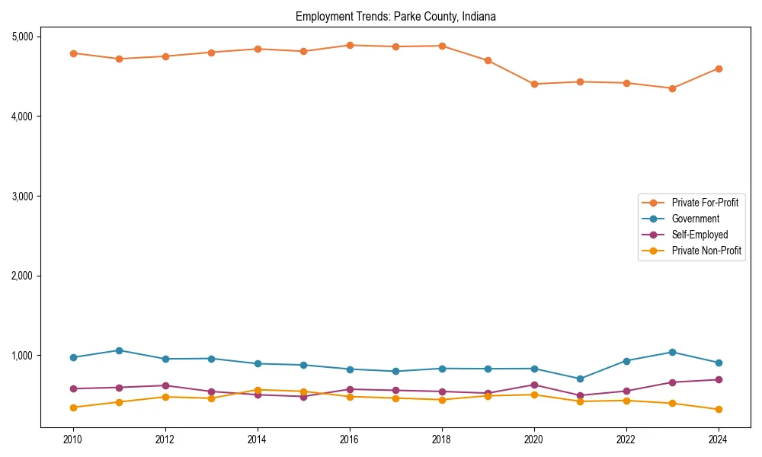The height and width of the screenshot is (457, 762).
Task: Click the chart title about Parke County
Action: pos(395,17)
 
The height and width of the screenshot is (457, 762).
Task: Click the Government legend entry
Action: pos(695,219)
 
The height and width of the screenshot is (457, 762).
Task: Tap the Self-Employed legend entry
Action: pos(700,235)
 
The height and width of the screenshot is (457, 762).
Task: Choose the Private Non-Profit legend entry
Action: pos(706,251)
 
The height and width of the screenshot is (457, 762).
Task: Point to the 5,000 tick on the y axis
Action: pos(21,37)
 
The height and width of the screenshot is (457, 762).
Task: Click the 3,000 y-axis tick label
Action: pos(21,196)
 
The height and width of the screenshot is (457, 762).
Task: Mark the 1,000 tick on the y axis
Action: pos(21,356)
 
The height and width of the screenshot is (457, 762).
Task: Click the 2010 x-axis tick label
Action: pos(73,439)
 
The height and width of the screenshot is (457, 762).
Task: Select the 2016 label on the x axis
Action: pos(350,439)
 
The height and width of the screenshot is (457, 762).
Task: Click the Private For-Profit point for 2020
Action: pos(534,84)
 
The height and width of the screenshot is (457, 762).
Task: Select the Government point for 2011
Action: pos(119,350)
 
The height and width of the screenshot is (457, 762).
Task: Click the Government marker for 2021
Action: pos(580,379)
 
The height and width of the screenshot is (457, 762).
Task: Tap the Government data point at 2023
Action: pos(672,352)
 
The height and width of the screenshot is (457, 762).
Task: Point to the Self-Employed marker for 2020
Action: pos(534,385)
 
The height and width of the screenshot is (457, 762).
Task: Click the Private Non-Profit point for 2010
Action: pos(73,407)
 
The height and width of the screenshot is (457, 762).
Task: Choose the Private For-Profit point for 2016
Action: pos(350,45)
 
